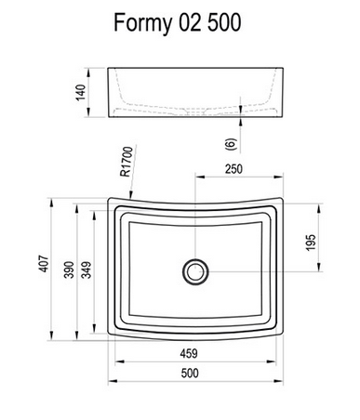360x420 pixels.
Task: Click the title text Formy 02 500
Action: click(x=178, y=23)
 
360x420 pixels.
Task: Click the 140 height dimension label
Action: click(x=81, y=92)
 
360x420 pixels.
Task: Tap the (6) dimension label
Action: click(x=231, y=144)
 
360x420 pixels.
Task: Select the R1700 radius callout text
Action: click(x=127, y=162)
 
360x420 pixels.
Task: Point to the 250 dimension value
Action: click(x=233, y=169)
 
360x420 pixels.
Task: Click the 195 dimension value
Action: click(x=311, y=243)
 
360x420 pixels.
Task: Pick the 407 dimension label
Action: click(x=44, y=264)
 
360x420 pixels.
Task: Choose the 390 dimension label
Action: click(x=69, y=269)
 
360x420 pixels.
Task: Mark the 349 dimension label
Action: click(x=87, y=269)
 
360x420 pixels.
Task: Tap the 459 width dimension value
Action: click(x=189, y=353)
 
